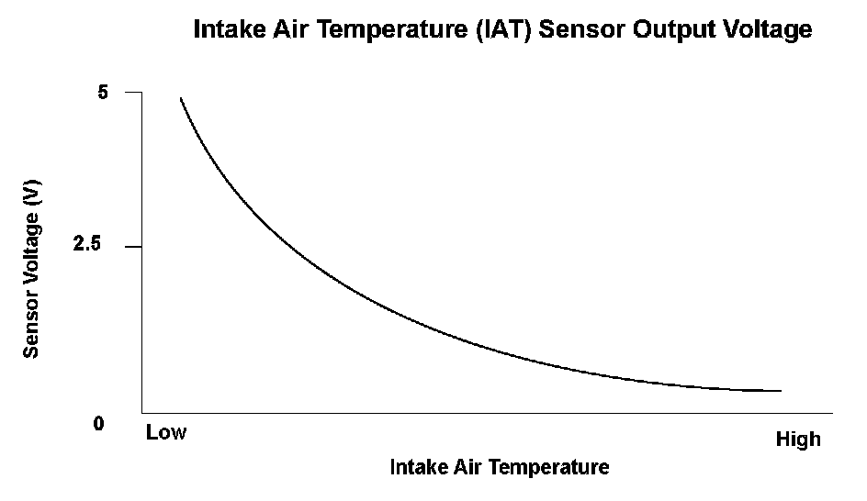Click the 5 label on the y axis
(x=103, y=93)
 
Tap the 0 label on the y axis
(x=99, y=425)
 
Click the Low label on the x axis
(x=165, y=432)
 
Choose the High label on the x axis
(x=798, y=440)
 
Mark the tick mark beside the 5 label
(x=134, y=93)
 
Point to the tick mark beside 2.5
(x=134, y=247)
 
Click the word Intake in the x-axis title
(x=416, y=467)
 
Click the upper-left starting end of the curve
(x=181, y=97)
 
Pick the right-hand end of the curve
(x=780, y=391)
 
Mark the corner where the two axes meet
(x=141, y=412)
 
